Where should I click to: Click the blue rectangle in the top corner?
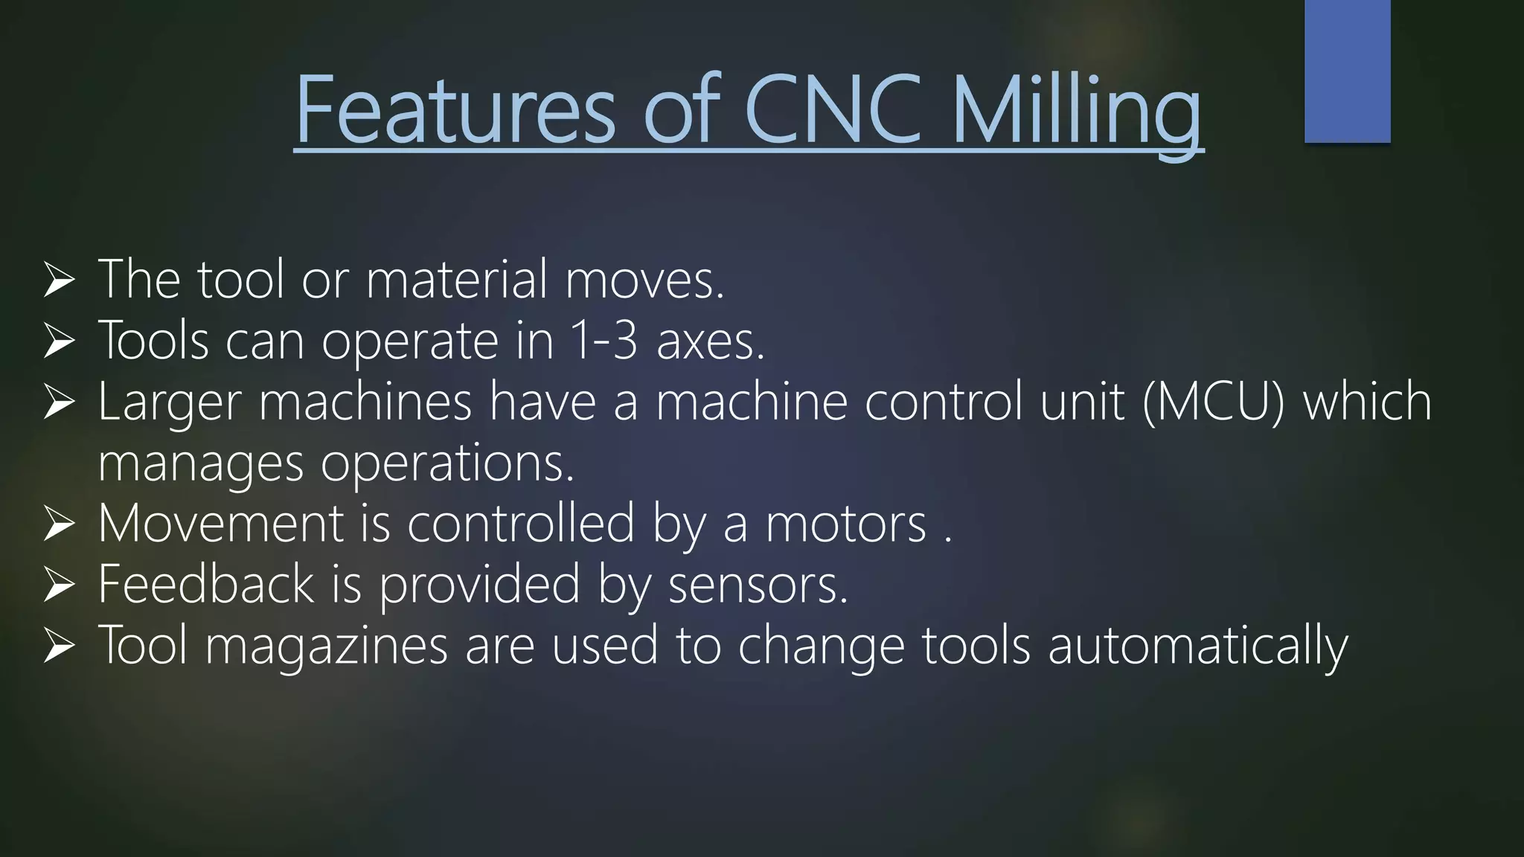coord(1347,71)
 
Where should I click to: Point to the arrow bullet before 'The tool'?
coord(60,280)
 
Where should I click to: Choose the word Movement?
coord(220,523)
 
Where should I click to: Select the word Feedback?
coord(206,584)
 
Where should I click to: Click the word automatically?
coord(1197,646)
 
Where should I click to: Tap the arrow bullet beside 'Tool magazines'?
coord(60,646)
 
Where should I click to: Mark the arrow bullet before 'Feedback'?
coord(60,585)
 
